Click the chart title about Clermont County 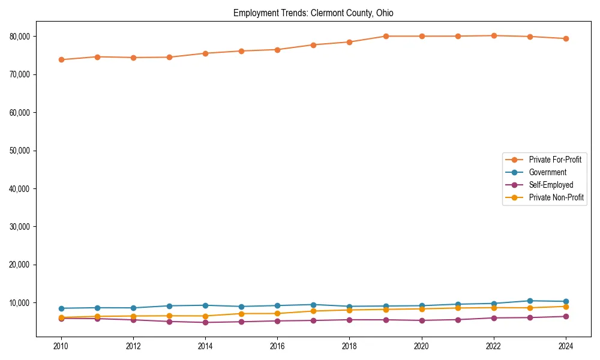point(313,13)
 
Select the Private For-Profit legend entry point(551,160)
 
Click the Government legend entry point(547,172)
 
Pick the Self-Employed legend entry point(551,185)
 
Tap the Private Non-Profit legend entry point(556,197)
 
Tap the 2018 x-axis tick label point(349,346)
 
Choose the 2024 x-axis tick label point(565,346)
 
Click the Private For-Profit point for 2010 point(61,59)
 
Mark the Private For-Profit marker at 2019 point(385,36)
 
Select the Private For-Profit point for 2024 point(565,38)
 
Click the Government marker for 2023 point(529,301)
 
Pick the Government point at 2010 point(61,308)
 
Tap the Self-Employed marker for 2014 point(205,322)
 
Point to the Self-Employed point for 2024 point(565,316)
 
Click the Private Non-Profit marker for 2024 point(565,307)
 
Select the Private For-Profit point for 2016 point(277,50)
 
